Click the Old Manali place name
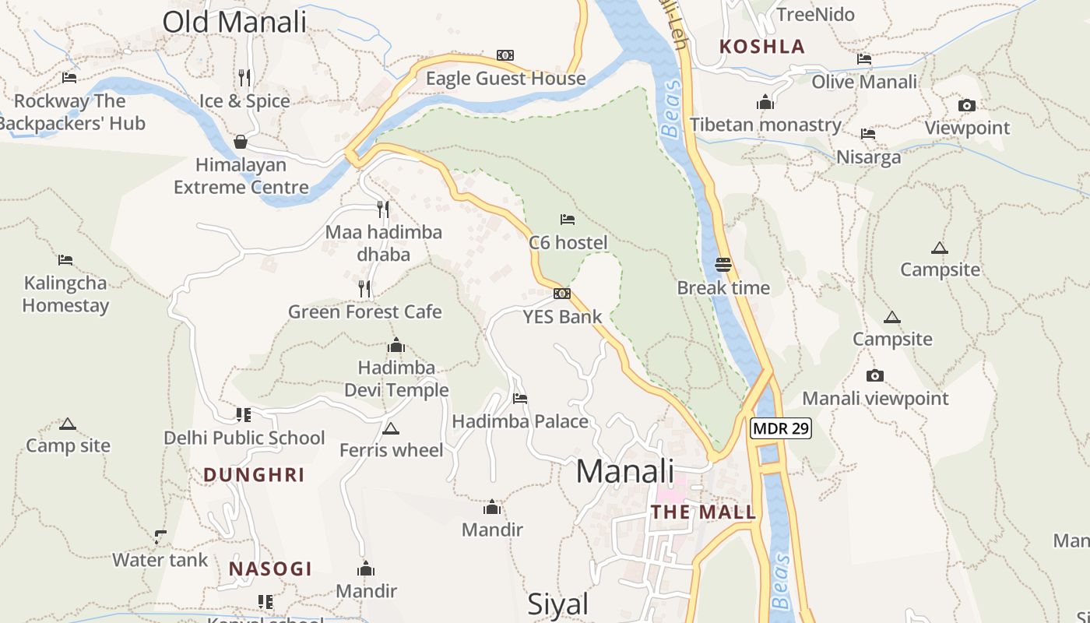[x=234, y=22]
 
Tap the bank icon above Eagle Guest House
[x=505, y=55]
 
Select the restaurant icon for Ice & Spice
[x=244, y=77]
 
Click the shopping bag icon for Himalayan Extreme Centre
[x=241, y=142]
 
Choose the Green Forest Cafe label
[x=364, y=311]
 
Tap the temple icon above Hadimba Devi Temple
[x=396, y=345]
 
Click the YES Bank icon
[x=562, y=294]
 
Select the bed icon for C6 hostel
[x=568, y=220]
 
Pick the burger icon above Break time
[x=723, y=265]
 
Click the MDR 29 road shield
[x=781, y=428]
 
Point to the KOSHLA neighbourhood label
[x=761, y=47]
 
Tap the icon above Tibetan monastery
[x=765, y=102]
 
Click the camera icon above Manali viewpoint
[x=875, y=375]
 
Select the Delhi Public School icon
[x=244, y=414]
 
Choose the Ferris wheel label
[x=391, y=450]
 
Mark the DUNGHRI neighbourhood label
[x=254, y=475]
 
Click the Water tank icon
[x=160, y=537]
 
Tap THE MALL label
[x=703, y=512]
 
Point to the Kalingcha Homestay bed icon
[x=65, y=260]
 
